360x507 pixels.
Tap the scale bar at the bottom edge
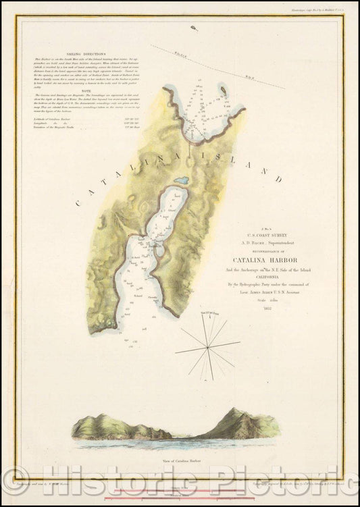pyautogui.click(x=180, y=498)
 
